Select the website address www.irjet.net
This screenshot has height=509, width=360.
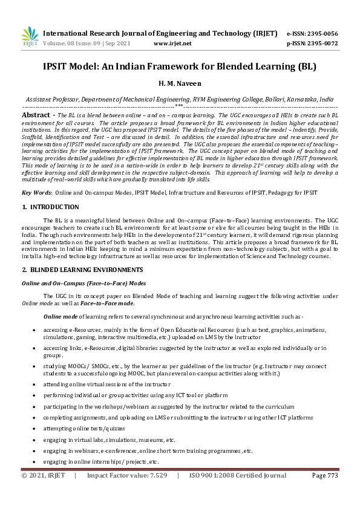[172, 44]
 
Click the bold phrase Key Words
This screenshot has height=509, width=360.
[36, 192]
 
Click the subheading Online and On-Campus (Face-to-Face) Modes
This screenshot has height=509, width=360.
[83, 282]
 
